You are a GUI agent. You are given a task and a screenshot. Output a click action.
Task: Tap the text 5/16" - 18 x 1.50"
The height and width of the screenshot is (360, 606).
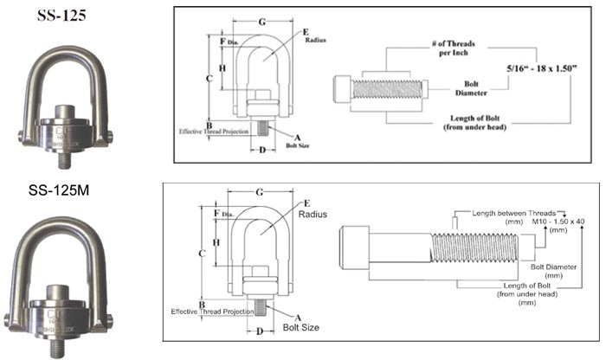540,66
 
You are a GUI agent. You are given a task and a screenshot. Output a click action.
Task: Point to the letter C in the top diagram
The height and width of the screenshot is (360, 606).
210,78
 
